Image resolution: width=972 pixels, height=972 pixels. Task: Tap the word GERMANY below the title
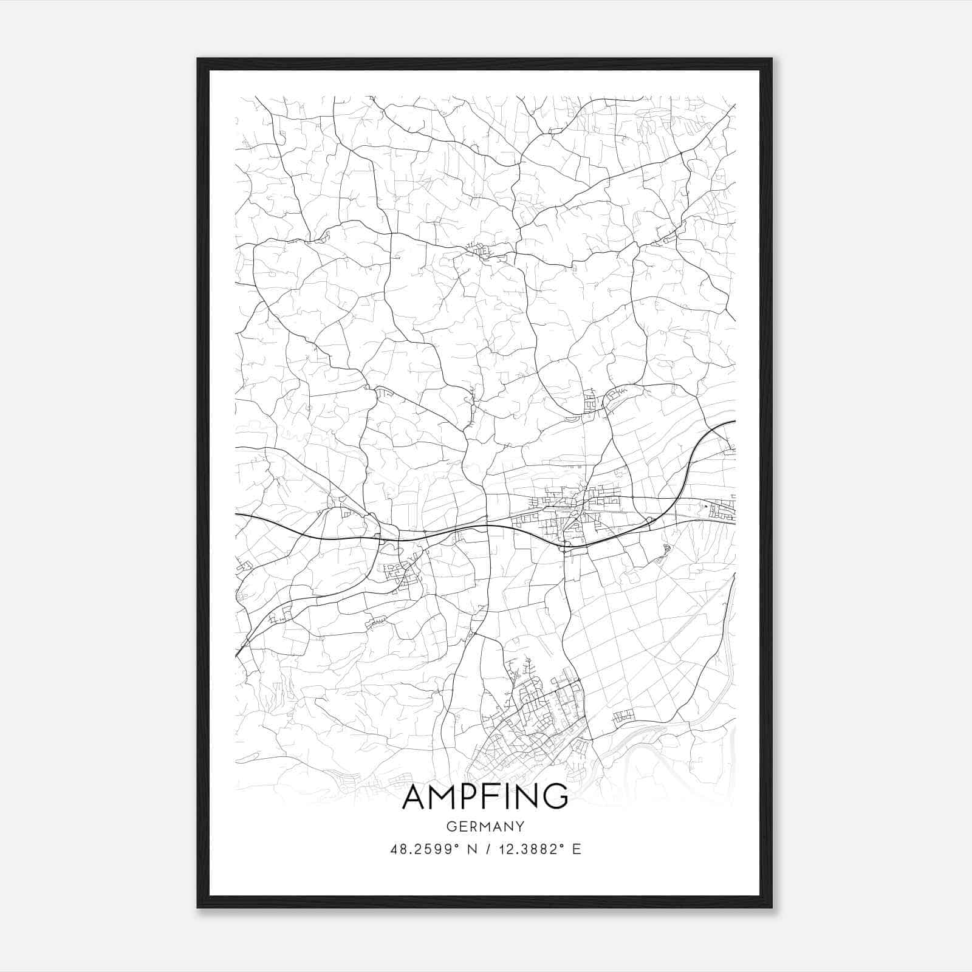[485, 826]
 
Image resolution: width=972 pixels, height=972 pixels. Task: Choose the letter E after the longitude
[577, 849]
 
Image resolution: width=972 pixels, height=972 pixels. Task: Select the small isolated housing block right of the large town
[624, 717]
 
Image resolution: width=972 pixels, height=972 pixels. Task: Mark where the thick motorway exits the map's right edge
[734, 421]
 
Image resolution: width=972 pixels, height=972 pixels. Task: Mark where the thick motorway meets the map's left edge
[236, 515]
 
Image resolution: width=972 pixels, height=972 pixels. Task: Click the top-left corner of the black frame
[198, 59]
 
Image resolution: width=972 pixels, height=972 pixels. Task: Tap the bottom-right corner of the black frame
[772, 908]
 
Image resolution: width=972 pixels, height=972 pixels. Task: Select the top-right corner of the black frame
[772, 59]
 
